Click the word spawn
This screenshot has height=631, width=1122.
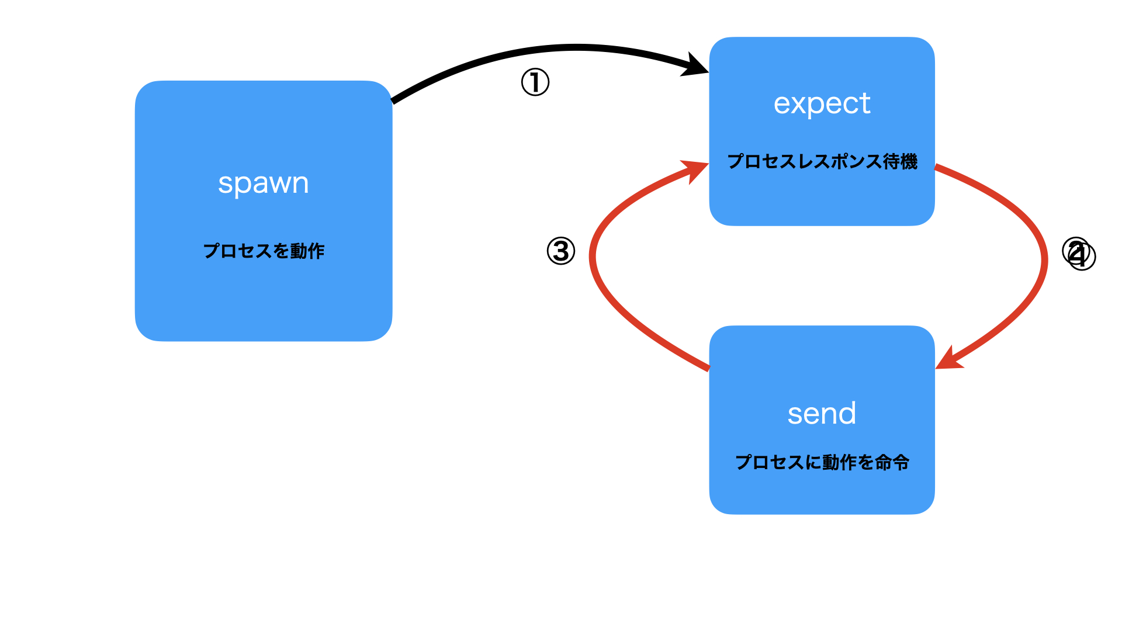coord(263,183)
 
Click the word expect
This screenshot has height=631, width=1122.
coord(822,104)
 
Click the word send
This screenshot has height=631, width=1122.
coord(822,414)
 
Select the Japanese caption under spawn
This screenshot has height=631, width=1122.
coord(264,251)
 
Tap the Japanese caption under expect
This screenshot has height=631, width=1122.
coord(822,162)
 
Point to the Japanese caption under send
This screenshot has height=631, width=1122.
coord(822,463)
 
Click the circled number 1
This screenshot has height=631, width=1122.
coord(535,82)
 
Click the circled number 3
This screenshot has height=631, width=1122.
coord(561,251)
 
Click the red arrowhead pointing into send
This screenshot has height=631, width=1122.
coord(948,360)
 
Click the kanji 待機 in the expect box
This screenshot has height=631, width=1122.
coord(901,162)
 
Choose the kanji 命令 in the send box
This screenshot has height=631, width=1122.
coord(892,463)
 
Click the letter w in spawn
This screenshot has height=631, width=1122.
coord(276,185)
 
